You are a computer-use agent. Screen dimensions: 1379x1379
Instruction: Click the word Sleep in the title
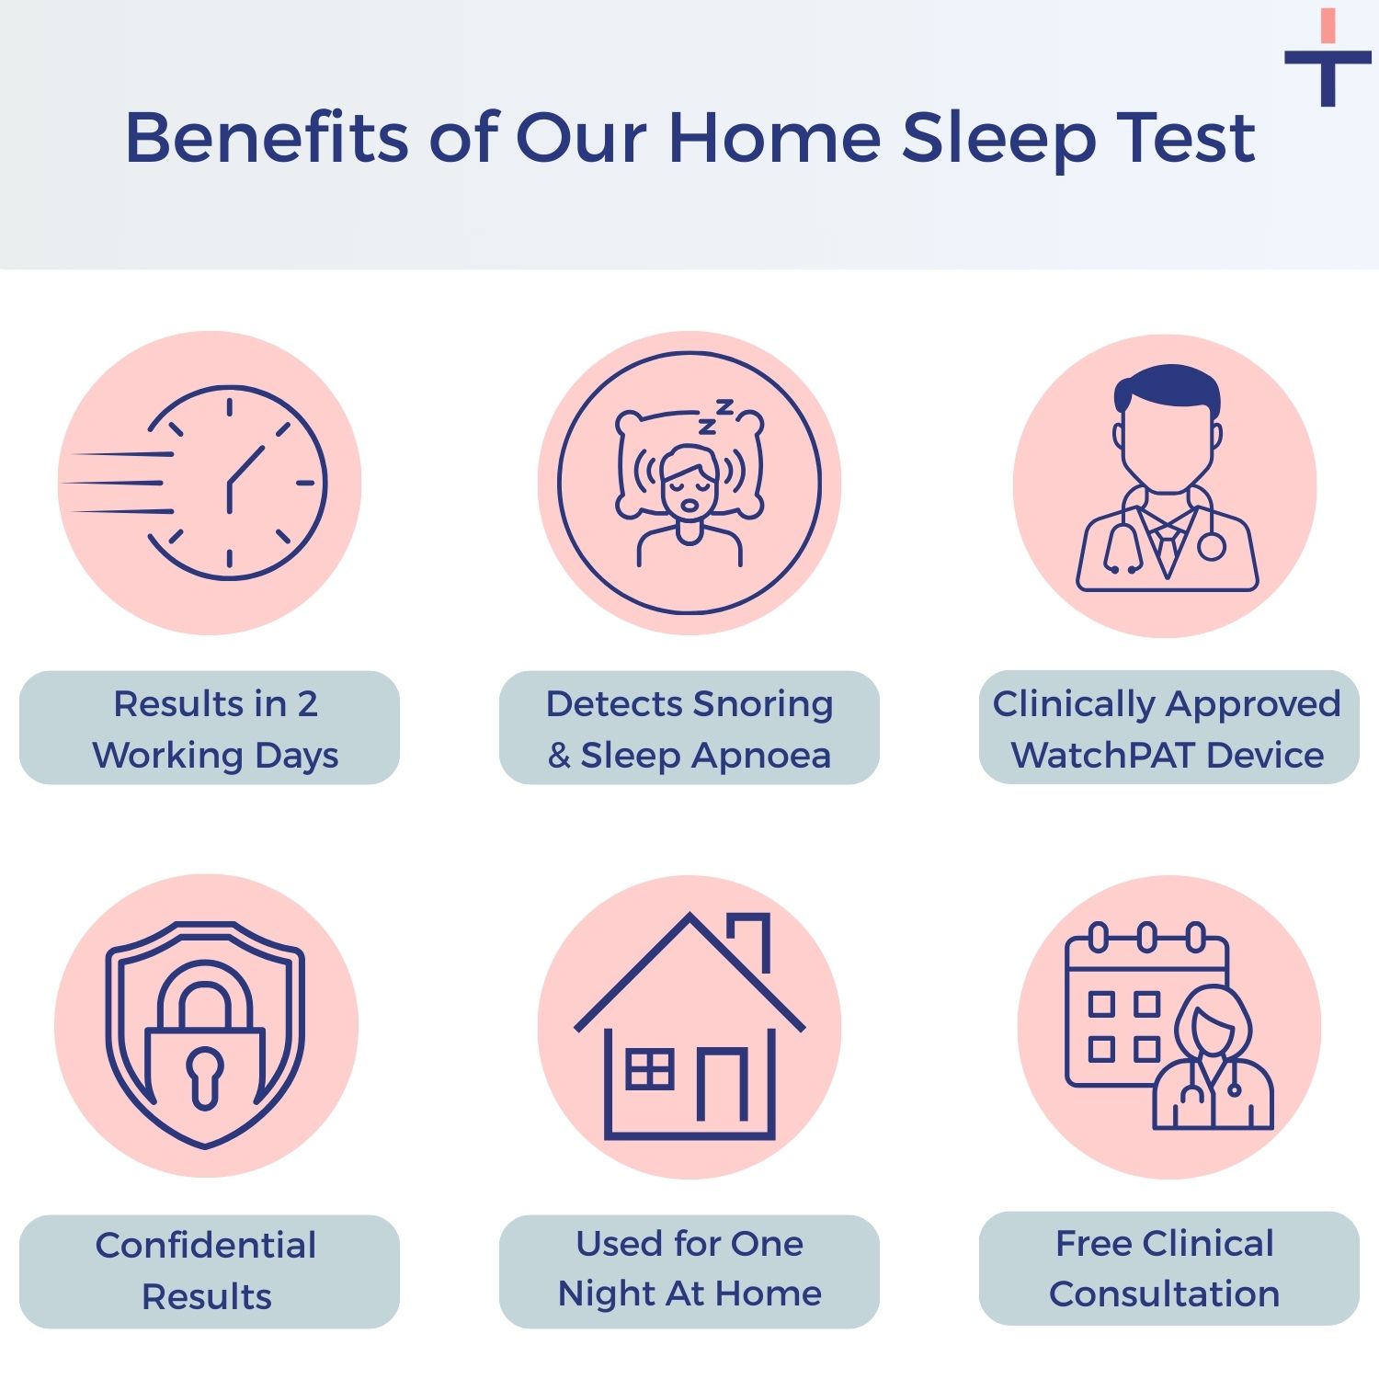coord(997,138)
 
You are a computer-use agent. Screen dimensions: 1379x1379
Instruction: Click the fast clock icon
coord(235,483)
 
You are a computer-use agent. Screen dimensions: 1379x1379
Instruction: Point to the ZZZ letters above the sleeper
coord(716,416)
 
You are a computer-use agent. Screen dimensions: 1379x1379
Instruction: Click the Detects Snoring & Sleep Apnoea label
coord(689,728)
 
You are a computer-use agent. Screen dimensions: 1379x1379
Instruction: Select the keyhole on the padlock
coord(205,1074)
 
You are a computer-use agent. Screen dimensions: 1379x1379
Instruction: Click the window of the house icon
coord(650,1069)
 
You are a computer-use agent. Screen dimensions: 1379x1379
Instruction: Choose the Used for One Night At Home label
coord(689,1270)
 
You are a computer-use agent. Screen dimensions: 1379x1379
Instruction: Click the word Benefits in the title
coord(267,138)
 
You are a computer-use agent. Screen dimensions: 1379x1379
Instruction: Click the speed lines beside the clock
coord(115,483)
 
